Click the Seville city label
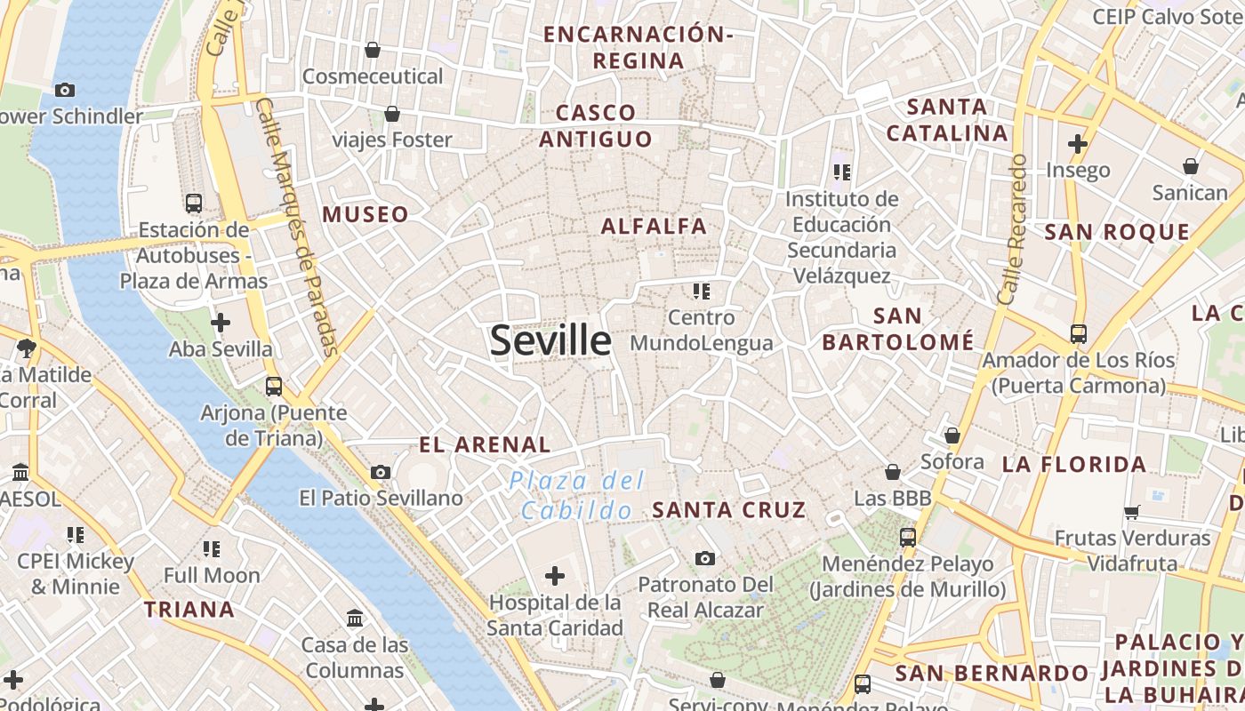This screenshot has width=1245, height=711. tap(550, 340)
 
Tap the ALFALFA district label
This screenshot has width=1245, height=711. tap(654, 227)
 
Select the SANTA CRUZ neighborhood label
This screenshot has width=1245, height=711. tap(728, 510)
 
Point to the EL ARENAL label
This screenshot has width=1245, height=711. tap(485, 444)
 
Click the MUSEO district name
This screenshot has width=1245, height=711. tap(365, 214)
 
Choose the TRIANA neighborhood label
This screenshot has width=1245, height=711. tap(189, 610)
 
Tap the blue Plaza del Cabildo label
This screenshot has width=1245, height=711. tap(577, 496)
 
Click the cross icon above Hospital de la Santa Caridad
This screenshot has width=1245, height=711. tap(555, 576)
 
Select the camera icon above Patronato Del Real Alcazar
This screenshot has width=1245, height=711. tap(705, 558)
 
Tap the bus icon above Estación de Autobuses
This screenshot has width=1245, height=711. tap(194, 203)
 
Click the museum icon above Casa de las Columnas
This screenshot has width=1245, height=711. tap(355, 618)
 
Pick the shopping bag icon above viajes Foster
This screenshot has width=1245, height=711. tap(391, 114)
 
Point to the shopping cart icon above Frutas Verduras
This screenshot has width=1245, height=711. tap(1132, 511)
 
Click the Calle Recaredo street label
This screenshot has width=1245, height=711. tap(1013, 229)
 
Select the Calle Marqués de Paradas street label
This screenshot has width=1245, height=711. tap(298, 227)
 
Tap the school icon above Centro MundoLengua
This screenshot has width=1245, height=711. tap(702, 291)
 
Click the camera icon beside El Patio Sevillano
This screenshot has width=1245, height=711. tap(381, 472)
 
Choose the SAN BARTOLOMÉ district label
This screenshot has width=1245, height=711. tap(897, 329)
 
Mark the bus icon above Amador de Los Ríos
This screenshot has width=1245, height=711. tap(1078, 334)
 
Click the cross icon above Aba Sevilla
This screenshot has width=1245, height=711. tap(221, 323)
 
